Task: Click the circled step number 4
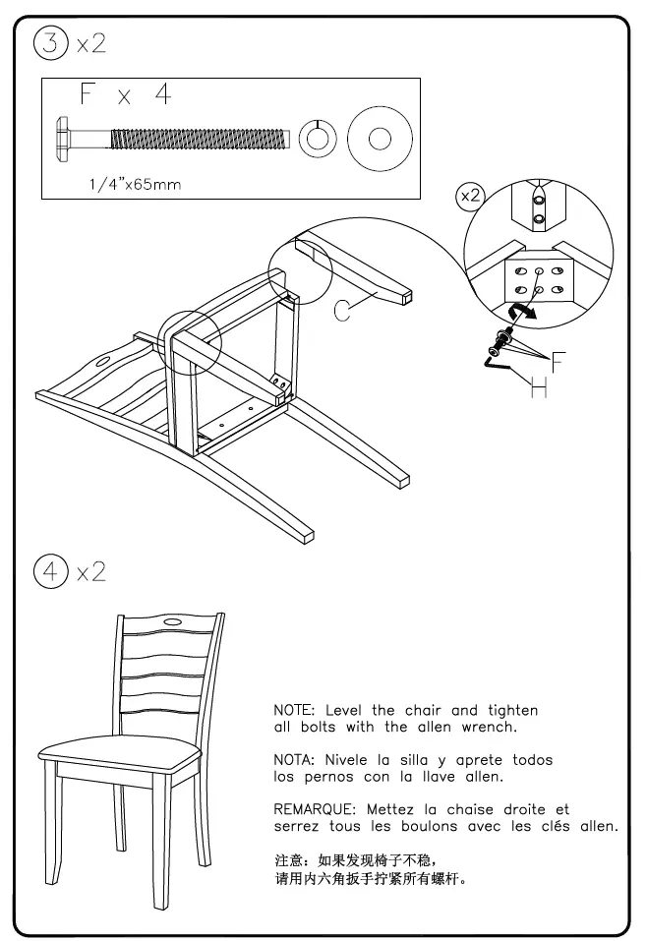click(48, 570)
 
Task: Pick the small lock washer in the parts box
click(316, 137)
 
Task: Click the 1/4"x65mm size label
click(133, 184)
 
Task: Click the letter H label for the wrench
click(539, 389)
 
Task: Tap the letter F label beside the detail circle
click(558, 362)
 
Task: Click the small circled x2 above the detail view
click(471, 196)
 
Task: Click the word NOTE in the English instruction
click(293, 710)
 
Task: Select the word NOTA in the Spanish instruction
click(293, 760)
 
